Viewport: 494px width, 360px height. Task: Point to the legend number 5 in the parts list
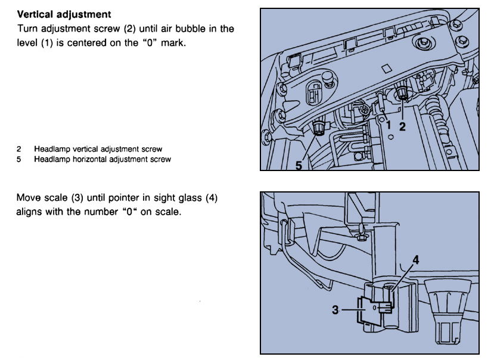click(x=19, y=159)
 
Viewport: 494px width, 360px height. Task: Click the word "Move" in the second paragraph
click(x=29, y=198)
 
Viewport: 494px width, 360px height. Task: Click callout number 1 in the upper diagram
click(x=387, y=126)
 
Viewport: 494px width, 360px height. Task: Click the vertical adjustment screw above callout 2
click(x=403, y=93)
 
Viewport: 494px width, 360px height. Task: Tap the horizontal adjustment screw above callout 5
click(x=319, y=128)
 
